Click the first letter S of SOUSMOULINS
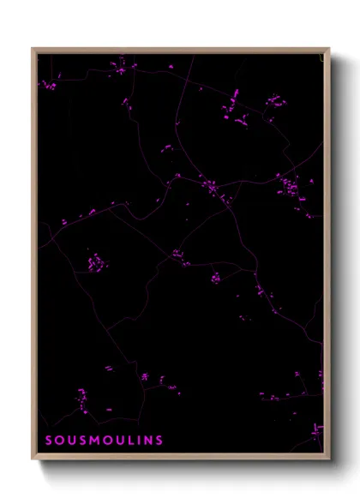coord(48,441)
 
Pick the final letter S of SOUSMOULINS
coord(159,441)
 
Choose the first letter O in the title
coord(59,441)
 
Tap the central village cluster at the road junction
coord(210,187)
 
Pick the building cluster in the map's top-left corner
coord(49,85)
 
